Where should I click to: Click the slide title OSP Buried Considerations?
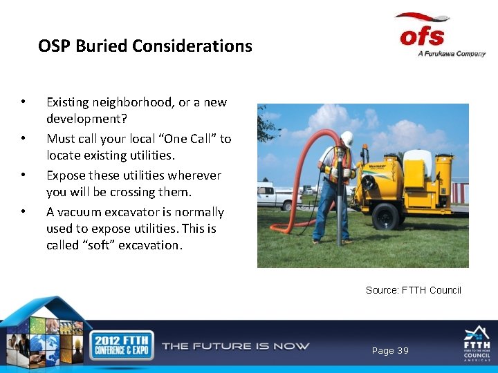pyautogui.click(x=145, y=46)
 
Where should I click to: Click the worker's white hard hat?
pyautogui.click(x=347, y=138)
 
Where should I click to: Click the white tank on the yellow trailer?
pyautogui.click(x=418, y=164)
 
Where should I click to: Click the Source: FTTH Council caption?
pyautogui.click(x=413, y=290)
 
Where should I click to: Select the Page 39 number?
pyautogui.click(x=390, y=351)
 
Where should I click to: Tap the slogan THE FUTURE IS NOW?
pyautogui.click(x=235, y=346)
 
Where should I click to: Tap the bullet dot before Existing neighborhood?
pyautogui.click(x=24, y=102)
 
